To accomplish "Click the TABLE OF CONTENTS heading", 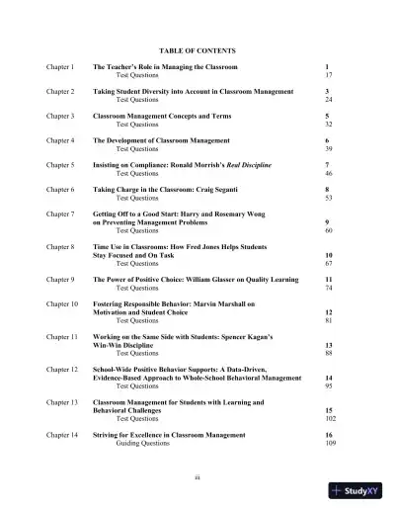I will pos(197,49).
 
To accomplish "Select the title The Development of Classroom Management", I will pos(161,140).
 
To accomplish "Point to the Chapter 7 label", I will pos(60,213).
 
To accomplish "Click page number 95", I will pos(328,385).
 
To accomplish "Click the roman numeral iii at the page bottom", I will pos(197,476).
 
